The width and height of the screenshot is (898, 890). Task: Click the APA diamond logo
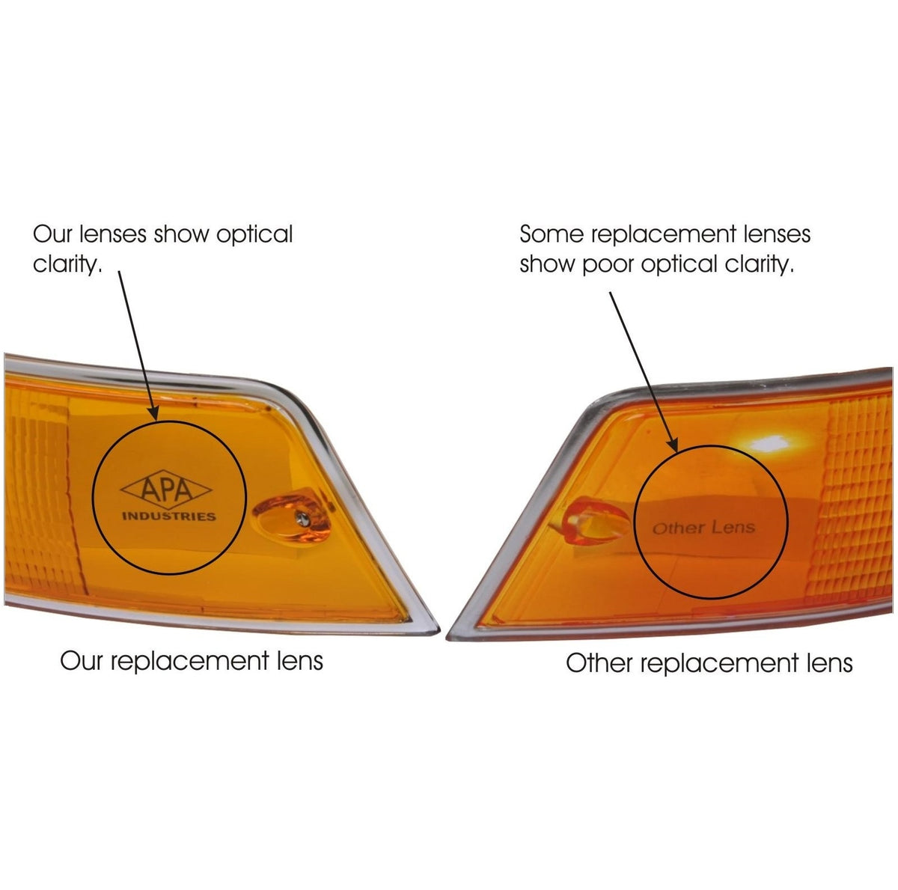pos(166,490)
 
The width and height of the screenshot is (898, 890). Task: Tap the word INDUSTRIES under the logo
pos(168,516)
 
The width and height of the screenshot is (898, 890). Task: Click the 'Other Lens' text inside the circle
pos(703,528)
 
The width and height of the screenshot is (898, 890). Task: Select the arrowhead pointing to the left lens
pos(153,412)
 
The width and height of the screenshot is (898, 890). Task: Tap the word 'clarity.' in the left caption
pos(67,265)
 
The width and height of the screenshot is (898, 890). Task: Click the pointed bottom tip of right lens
pos(448,638)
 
